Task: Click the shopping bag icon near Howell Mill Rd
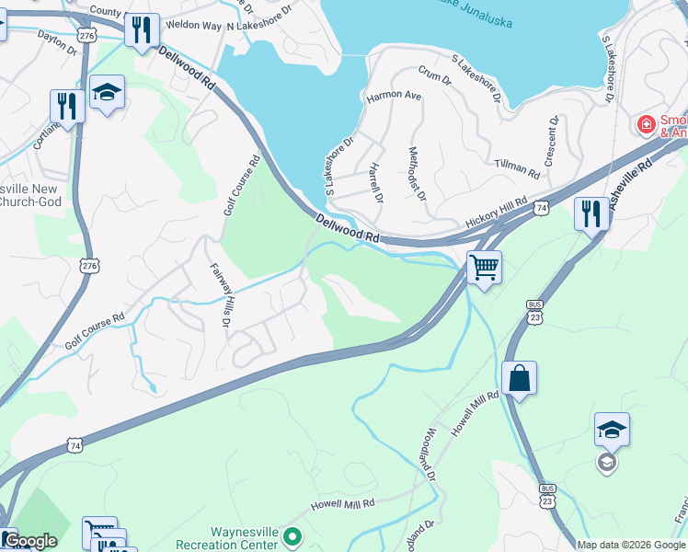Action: pyautogui.click(x=519, y=378)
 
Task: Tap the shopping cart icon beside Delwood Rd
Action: pyautogui.click(x=484, y=268)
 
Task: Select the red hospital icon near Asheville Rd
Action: pyautogui.click(x=648, y=123)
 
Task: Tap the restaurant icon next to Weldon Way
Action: pyautogui.click(x=141, y=30)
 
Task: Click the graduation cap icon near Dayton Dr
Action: pyautogui.click(x=108, y=92)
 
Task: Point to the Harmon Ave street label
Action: pyautogui.click(x=394, y=96)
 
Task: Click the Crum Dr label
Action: pyautogui.click(x=435, y=75)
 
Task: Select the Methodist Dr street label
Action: pyautogui.click(x=418, y=173)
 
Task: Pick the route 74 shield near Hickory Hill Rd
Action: pyautogui.click(x=545, y=209)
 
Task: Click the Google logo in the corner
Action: pyautogui.click(x=29, y=541)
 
